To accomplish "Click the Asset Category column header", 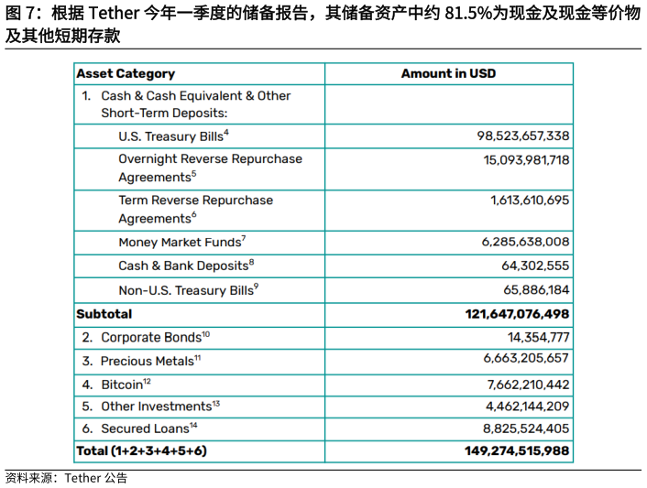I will pos(126,73).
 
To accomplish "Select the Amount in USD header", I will pos(448,73).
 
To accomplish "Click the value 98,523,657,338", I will pos(522,136).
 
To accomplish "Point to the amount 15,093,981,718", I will pos(526,159).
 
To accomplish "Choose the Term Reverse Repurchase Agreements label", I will pos(195,209).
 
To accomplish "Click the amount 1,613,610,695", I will pos(530,200).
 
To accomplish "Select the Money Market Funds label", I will pos(181,243).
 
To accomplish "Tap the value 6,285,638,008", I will pos(525,243).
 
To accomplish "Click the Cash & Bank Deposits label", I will pos(185,266).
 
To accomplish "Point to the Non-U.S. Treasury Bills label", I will pos(188,290).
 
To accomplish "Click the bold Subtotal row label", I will pos(104,314).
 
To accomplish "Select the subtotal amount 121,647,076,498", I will pos(517,314).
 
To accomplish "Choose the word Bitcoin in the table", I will pos(122,385).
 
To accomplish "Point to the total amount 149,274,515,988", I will pos(517,450).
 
